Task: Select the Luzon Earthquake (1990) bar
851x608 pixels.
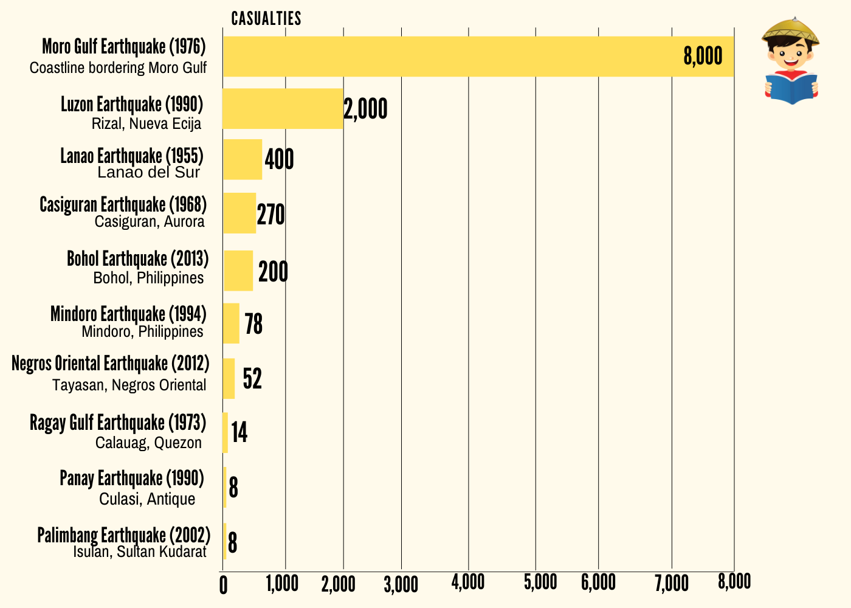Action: pos(283,108)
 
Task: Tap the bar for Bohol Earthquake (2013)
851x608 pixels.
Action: pos(238,271)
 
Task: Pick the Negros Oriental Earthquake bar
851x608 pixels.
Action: pos(229,378)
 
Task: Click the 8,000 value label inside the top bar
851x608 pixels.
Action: pos(703,57)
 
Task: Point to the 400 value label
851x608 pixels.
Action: pos(279,160)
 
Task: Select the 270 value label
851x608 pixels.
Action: pos(270,215)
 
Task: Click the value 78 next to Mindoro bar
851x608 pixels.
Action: pos(253,324)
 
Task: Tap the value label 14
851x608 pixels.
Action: pos(239,432)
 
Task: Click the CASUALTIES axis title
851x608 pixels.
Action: pos(266,19)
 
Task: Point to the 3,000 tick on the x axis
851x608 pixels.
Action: pos(401,584)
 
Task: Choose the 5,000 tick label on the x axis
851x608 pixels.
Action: pos(540,582)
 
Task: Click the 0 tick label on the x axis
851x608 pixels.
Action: pos(223,586)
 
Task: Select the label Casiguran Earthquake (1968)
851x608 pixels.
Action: pos(123,204)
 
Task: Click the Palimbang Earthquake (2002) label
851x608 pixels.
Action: pos(124,535)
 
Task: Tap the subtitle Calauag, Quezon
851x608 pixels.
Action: pos(148,443)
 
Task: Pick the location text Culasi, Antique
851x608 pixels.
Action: pos(147,499)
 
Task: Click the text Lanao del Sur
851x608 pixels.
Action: pos(148,173)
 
